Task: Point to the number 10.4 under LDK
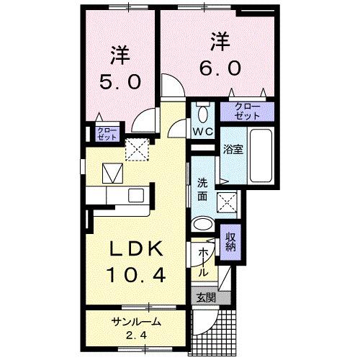pos(141,274)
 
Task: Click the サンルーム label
pos(136,322)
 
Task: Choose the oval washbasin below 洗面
pos(203,222)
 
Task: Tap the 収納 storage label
pos(231,243)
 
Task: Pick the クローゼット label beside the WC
pos(247,112)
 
